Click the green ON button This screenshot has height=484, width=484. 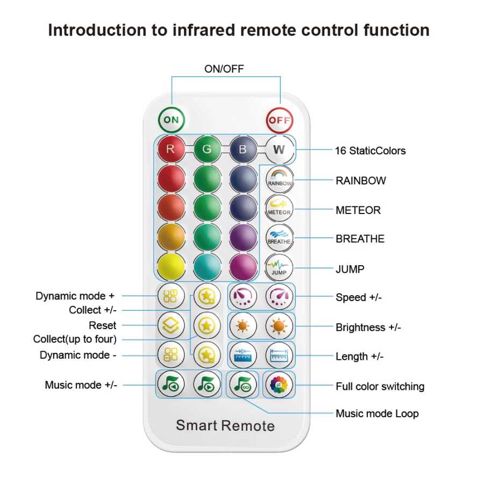[x=172, y=120]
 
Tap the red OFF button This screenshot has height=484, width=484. [x=279, y=120]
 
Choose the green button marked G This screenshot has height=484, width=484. [x=207, y=149]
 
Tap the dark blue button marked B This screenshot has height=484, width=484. [x=243, y=149]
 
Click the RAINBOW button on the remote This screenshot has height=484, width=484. [x=279, y=179]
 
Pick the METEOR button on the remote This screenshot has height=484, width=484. [x=279, y=208]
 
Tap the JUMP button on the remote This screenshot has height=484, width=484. [x=279, y=267]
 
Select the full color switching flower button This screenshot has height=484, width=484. [x=279, y=385]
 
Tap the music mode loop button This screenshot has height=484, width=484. [x=243, y=385]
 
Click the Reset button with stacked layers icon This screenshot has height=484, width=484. [x=171, y=325]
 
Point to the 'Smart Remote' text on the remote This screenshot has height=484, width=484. [x=225, y=425]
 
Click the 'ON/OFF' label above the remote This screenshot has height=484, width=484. [x=224, y=69]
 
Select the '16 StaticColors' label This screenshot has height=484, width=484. [x=371, y=151]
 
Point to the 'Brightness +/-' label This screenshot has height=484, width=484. [x=368, y=327]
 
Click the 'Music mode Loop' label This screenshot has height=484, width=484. [x=377, y=414]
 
